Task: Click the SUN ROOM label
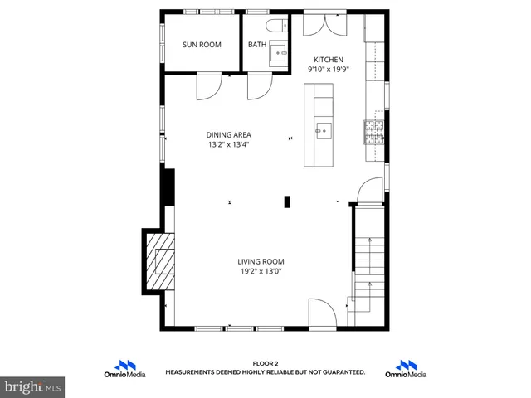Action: [202, 45]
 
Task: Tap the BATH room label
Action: [256, 45]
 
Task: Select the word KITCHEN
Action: [327, 60]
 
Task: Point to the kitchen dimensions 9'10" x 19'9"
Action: [327, 70]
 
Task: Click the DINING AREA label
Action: [228, 134]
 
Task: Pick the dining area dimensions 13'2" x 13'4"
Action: [228, 144]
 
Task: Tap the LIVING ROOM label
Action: [261, 261]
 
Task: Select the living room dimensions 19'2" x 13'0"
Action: [261, 271]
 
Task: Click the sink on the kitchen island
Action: [323, 129]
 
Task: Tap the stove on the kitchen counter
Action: [373, 129]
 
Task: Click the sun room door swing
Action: [208, 85]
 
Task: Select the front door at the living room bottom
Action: [322, 313]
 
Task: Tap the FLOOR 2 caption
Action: [265, 363]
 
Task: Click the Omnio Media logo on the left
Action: [125, 369]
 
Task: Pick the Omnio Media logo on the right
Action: [406, 369]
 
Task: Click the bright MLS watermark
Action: [33, 386]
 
